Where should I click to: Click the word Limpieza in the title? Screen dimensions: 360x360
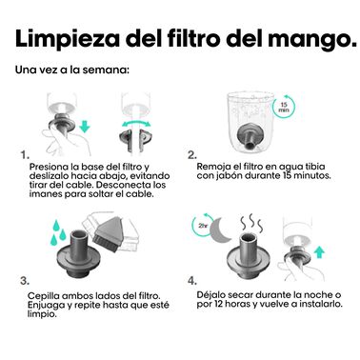pyautogui.click(x=68, y=39)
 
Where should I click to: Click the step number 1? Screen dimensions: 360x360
pyautogui.click(x=25, y=155)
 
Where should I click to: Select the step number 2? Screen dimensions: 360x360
pyautogui.click(x=192, y=155)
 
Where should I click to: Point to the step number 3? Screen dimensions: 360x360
pyautogui.click(x=25, y=281)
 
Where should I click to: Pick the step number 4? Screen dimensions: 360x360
pyautogui.click(x=192, y=281)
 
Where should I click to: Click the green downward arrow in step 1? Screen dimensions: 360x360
pyautogui.click(x=85, y=126)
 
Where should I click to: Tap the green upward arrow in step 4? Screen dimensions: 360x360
pyautogui.click(x=320, y=253)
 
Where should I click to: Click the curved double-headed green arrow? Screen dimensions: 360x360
pyautogui.click(x=136, y=123)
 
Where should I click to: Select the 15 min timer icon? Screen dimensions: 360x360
pyautogui.click(x=283, y=107)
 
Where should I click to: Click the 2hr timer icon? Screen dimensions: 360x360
pyautogui.click(x=201, y=227)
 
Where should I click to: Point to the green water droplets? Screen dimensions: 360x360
pyautogui.click(x=57, y=233)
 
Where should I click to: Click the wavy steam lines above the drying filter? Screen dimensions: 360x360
pyautogui.click(x=251, y=223)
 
